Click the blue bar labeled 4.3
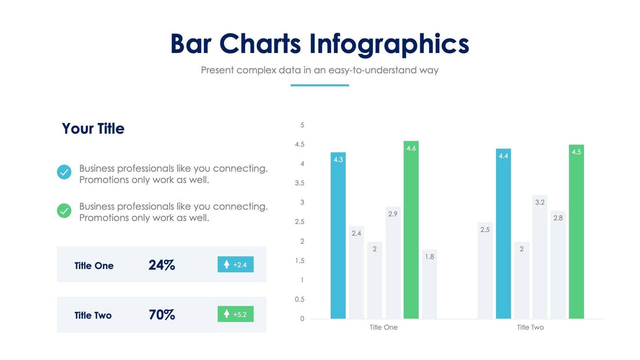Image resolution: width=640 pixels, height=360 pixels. (338, 235)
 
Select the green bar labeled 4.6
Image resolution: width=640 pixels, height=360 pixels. (410, 230)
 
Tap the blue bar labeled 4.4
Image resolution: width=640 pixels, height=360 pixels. (503, 234)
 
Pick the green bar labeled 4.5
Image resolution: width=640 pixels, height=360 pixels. (576, 232)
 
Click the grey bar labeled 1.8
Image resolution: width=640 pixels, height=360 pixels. (429, 284)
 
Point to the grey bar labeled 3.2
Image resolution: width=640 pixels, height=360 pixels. (539, 257)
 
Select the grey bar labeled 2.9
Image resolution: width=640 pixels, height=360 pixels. (392, 263)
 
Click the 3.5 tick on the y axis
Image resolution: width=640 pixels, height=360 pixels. (299, 184)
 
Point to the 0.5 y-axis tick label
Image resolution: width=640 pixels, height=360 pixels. (299, 300)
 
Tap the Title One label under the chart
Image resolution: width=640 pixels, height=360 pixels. (383, 327)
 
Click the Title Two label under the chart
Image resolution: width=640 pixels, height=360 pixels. (530, 327)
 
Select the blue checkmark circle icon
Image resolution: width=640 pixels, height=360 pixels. (64, 172)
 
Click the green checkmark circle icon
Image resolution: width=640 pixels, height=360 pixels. (64, 210)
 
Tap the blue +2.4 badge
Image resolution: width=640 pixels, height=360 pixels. (235, 265)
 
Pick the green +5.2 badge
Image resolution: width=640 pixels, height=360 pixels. (235, 314)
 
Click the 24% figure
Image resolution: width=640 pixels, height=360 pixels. (161, 265)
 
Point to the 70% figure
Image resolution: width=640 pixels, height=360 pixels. (161, 315)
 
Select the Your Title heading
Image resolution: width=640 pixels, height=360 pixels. (93, 129)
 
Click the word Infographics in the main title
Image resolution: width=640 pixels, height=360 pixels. (389, 44)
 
